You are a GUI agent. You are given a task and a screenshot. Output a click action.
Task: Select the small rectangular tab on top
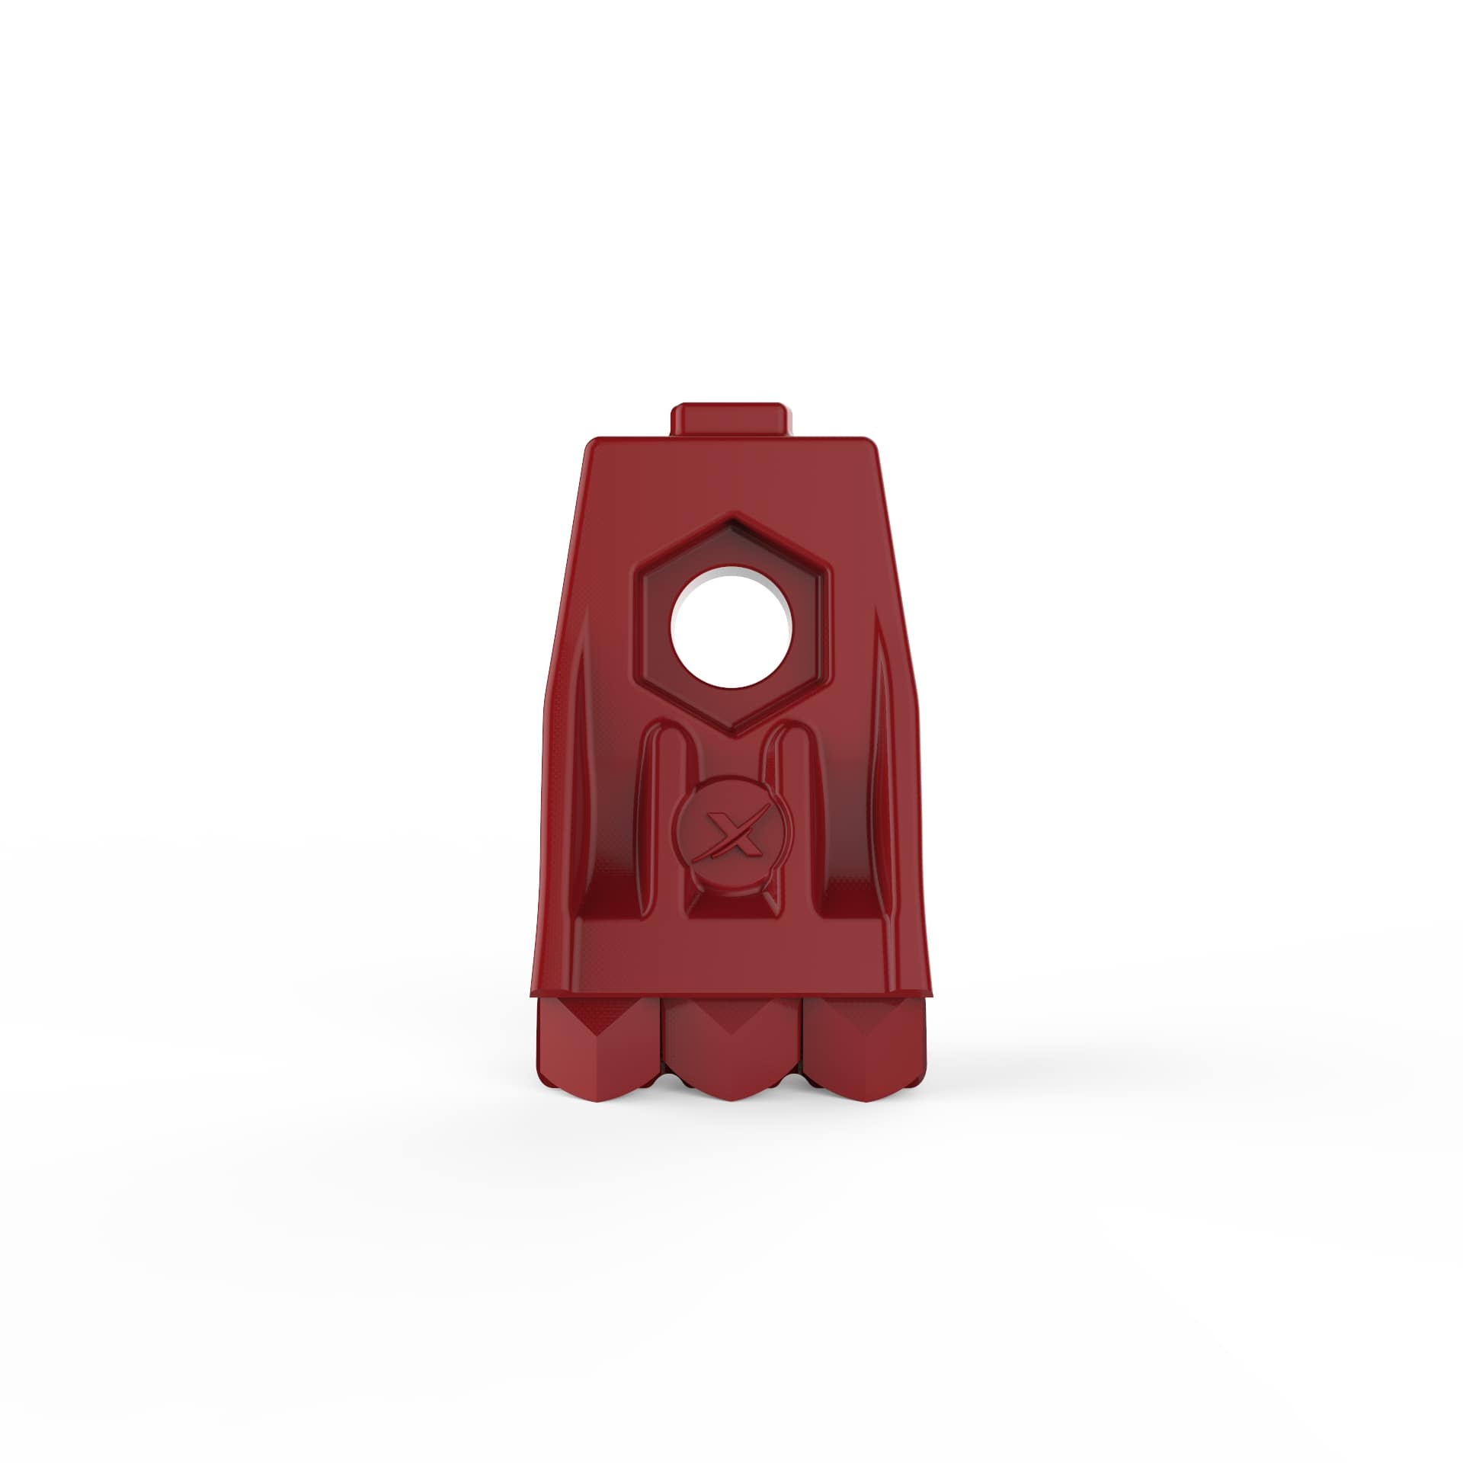[729, 419]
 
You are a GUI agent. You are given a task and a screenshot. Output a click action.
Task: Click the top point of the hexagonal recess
[731, 518]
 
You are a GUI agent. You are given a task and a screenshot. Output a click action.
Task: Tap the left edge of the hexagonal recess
[638, 625]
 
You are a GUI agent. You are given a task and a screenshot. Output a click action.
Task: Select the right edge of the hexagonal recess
[825, 625]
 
